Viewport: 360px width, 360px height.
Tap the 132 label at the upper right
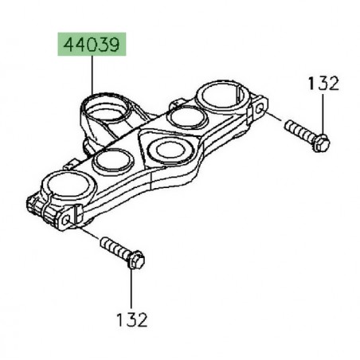321,84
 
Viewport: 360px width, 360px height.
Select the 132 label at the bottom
131,319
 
